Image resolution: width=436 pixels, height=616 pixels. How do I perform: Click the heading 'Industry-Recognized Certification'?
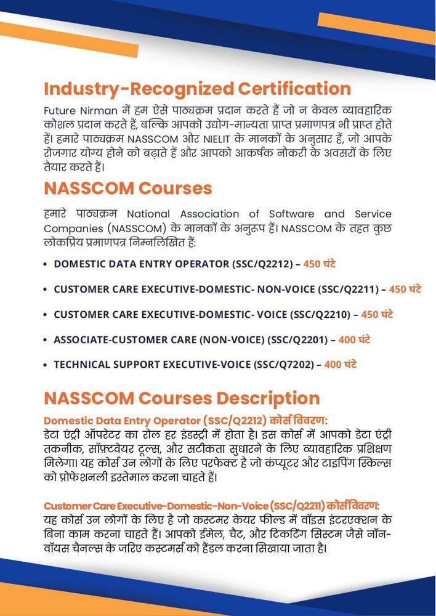click(197, 88)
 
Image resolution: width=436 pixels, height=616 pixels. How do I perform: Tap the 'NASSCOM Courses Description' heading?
click(182, 397)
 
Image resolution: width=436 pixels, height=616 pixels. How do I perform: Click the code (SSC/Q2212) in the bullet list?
click(262, 264)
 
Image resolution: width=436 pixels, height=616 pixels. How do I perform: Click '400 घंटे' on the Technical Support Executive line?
click(341, 365)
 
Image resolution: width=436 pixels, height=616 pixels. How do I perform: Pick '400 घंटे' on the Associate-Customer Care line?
click(354, 339)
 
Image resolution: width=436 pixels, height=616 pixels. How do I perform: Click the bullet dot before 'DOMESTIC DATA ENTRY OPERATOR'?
click(46, 264)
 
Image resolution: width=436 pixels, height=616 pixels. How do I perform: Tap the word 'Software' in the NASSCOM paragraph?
click(289, 214)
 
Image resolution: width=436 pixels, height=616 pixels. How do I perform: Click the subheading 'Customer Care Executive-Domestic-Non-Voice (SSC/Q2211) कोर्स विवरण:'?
click(211, 506)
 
